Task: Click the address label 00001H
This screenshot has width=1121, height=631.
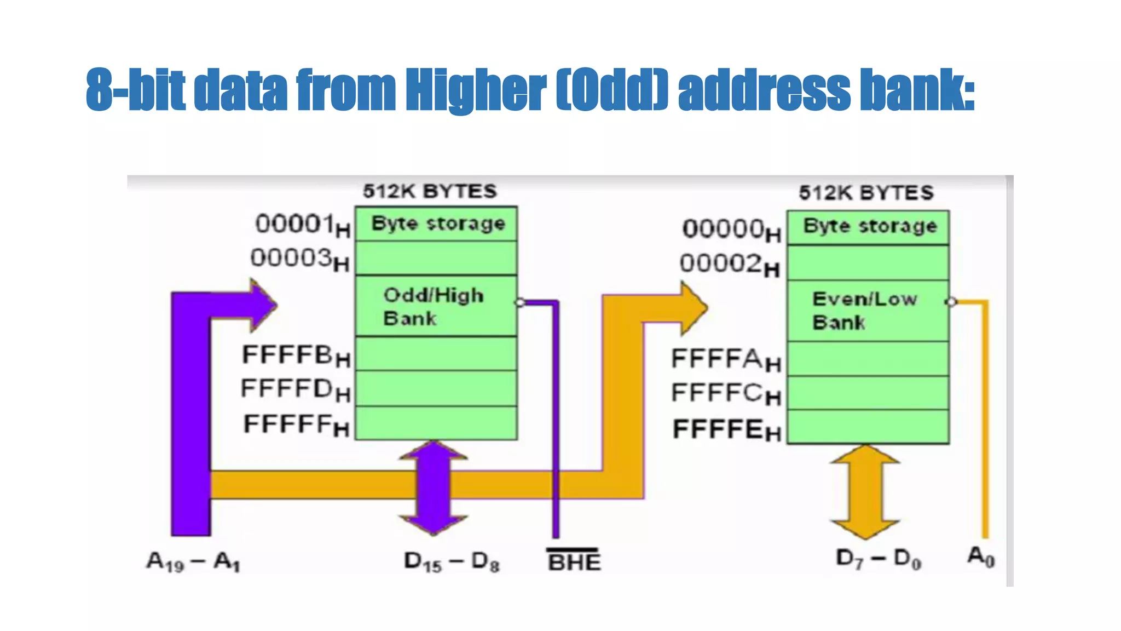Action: (303, 225)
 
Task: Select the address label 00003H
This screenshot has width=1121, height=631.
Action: (299, 259)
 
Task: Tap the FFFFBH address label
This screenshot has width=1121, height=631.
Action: (296, 356)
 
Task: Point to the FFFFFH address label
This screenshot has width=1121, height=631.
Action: (296, 425)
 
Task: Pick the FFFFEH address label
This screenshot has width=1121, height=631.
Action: (727, 430)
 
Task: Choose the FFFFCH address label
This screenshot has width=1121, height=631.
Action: (726, 393)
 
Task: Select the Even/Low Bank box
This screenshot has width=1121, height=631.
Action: (868, 311)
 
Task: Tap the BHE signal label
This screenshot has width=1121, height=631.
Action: (574, 561)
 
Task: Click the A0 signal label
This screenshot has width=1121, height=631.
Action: (981, 558)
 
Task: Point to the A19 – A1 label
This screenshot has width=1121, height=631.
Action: (193, 562)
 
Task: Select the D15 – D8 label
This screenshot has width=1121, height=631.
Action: (452, 562)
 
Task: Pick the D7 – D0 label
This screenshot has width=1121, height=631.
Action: (879, 559)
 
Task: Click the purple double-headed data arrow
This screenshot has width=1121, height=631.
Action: (434, 487)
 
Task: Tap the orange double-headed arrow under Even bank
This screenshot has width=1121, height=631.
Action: (865, 491)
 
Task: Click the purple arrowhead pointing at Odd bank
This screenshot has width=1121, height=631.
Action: (260, 305)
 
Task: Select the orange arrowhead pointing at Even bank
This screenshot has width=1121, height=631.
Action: (692, 308)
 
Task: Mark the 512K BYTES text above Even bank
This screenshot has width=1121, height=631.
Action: (866, 193)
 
